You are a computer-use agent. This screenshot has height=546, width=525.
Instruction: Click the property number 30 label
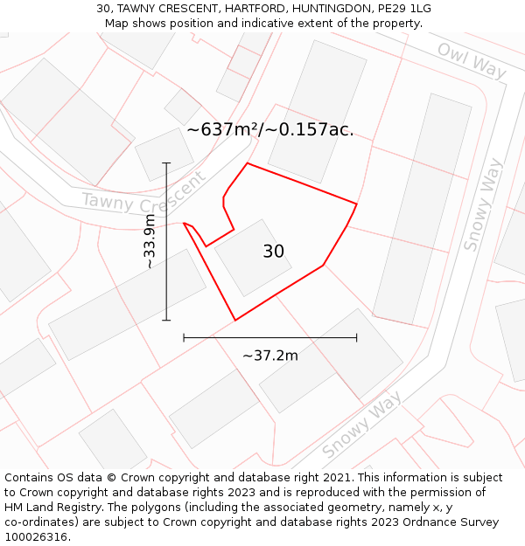[x=273, y=252]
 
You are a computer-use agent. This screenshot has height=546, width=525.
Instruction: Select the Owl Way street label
[x=471, y=60]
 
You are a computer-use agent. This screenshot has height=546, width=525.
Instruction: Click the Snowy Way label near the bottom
[x=361, y=425]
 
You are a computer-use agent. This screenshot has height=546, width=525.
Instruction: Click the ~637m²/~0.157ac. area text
[x=269, y=129]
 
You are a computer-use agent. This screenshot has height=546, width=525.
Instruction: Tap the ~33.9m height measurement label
[x=150, y=240]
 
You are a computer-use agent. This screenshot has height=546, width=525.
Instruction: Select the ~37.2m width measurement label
[x=269, y=356]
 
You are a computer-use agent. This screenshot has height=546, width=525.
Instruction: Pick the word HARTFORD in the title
[x=233, y=9]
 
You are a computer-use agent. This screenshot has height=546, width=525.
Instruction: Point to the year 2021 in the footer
[x=337, y=478]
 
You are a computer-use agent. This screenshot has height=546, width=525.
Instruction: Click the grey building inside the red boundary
[x=253, y=258]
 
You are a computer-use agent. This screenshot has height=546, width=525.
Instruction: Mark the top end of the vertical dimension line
[x=166, y=162]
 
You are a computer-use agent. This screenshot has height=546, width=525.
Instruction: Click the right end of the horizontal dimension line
[x=357, y=337]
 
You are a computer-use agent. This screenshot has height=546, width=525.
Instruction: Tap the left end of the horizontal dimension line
[x=184, y=337]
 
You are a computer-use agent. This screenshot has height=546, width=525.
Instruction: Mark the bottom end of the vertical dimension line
[x=166, y=321]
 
